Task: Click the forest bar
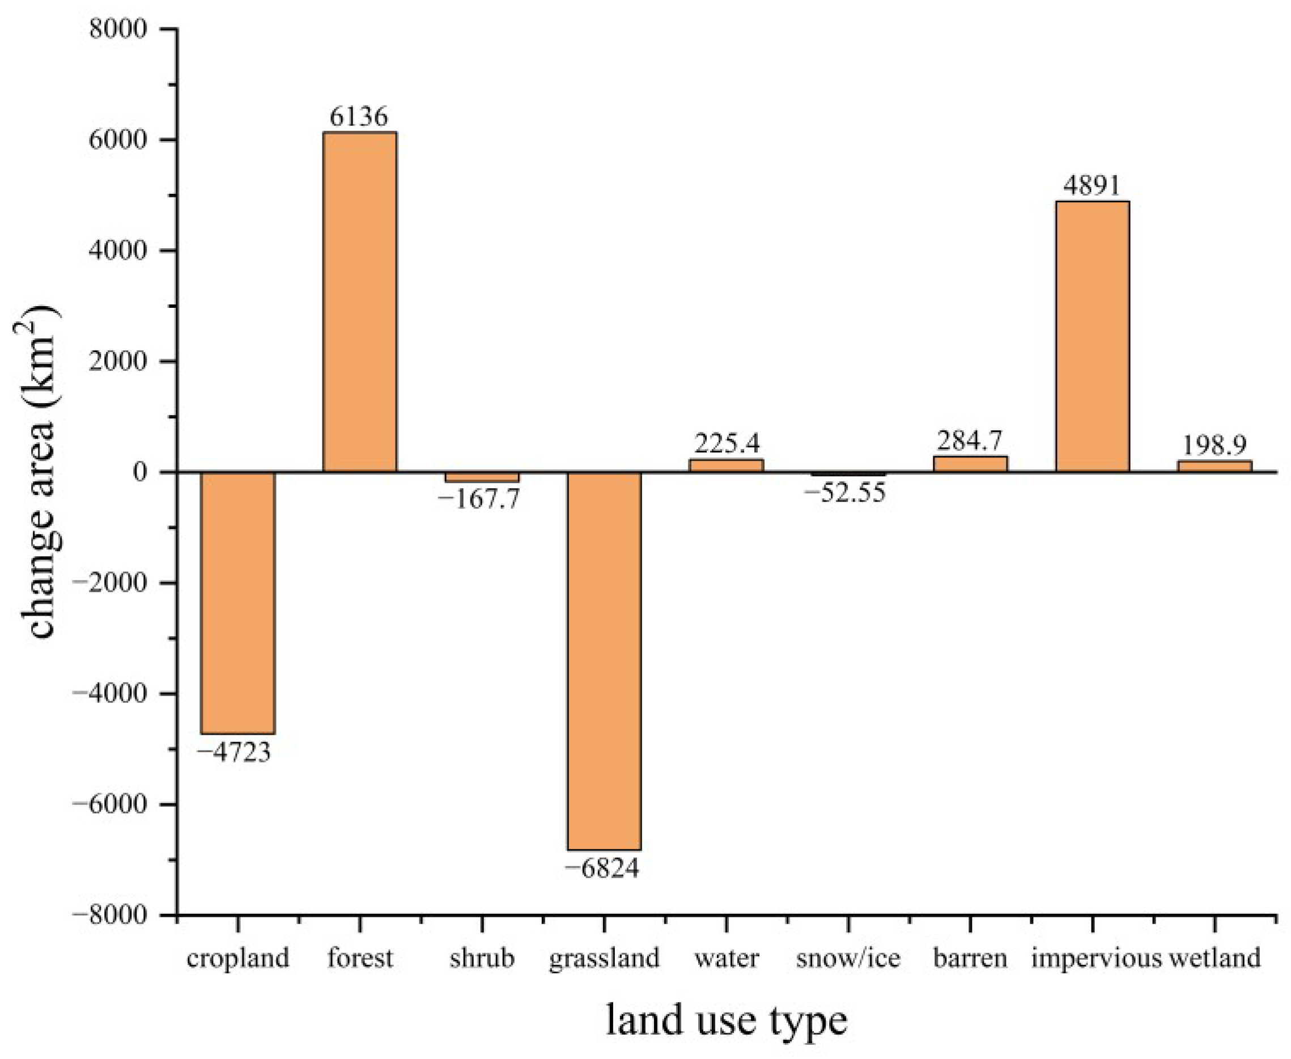360,302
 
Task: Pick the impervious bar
1092,337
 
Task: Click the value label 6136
359,116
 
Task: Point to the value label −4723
233,753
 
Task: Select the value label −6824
602,869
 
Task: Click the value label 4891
1092,185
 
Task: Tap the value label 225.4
727,443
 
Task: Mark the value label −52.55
845,492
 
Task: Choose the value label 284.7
970,440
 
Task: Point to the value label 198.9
1214,446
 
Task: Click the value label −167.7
479,499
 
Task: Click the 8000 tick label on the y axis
118,29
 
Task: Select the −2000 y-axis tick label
110,583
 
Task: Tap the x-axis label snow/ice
848,958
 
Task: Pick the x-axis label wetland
1214,958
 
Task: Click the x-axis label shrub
482,958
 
